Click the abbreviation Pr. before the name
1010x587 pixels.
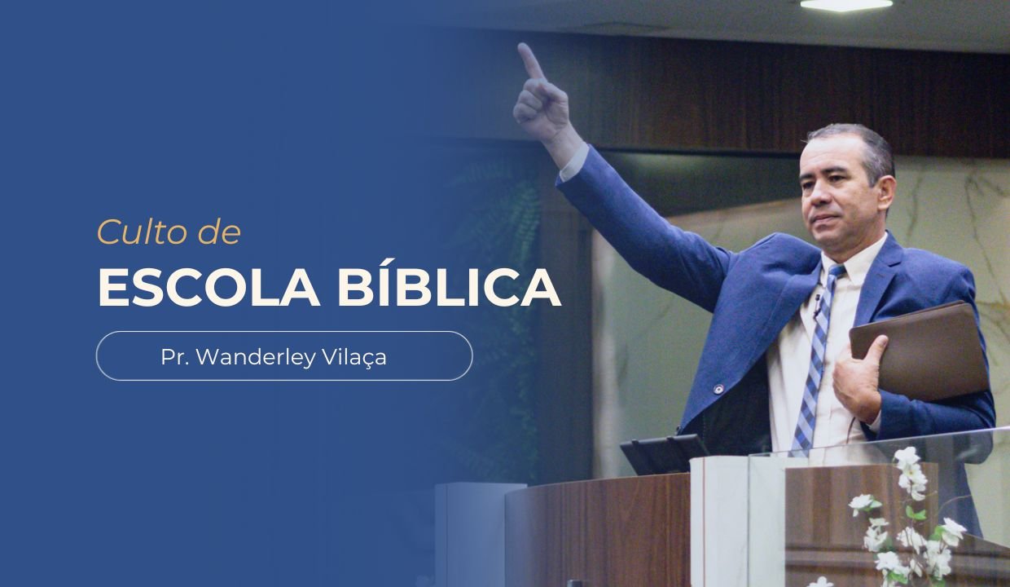coord(173,356)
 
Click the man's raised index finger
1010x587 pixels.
coord(530,61)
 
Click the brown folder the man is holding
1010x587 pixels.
coord(920,351)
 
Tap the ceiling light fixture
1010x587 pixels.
coord(845,4)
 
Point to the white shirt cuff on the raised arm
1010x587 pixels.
coord(573,162)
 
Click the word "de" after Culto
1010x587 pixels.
coord(218,232)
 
